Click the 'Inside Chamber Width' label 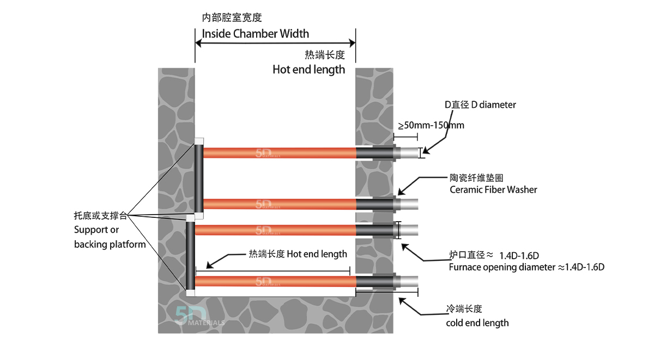coord(255,34)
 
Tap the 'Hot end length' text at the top coord(308,69)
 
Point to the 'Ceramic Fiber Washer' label coord(493,190)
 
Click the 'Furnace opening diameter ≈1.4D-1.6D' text coord(526,267)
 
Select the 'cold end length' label coord(477,322)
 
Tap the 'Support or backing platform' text coord(110,237)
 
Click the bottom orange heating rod coord(275,281)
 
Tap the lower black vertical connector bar coord(190,256)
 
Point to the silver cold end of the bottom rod coord(409,281)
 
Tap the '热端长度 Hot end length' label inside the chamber coord(298,254)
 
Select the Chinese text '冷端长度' coord(464,309)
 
